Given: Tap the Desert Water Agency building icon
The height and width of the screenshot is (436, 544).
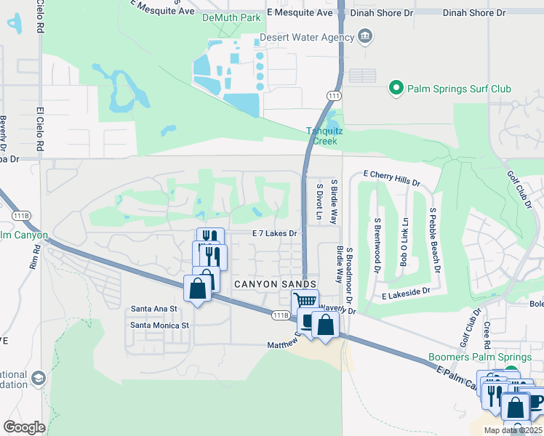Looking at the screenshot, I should point(366,37).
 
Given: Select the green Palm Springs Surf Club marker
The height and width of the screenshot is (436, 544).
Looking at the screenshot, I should point(396,89).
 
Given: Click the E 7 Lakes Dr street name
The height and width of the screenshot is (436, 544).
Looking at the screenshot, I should point(275,233).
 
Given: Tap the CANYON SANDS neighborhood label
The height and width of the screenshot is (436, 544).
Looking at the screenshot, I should point(274,283).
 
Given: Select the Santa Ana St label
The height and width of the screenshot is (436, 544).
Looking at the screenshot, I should point(153,309).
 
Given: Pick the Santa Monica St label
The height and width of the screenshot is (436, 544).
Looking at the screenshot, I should point(159,325).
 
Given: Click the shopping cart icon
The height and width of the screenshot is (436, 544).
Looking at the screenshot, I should point(305,300).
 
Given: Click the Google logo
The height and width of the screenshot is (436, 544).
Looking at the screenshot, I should point(24,427).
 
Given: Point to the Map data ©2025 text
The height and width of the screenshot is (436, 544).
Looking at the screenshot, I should point(513,430).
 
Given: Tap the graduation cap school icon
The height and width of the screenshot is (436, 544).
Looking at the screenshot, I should point(37,379).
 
